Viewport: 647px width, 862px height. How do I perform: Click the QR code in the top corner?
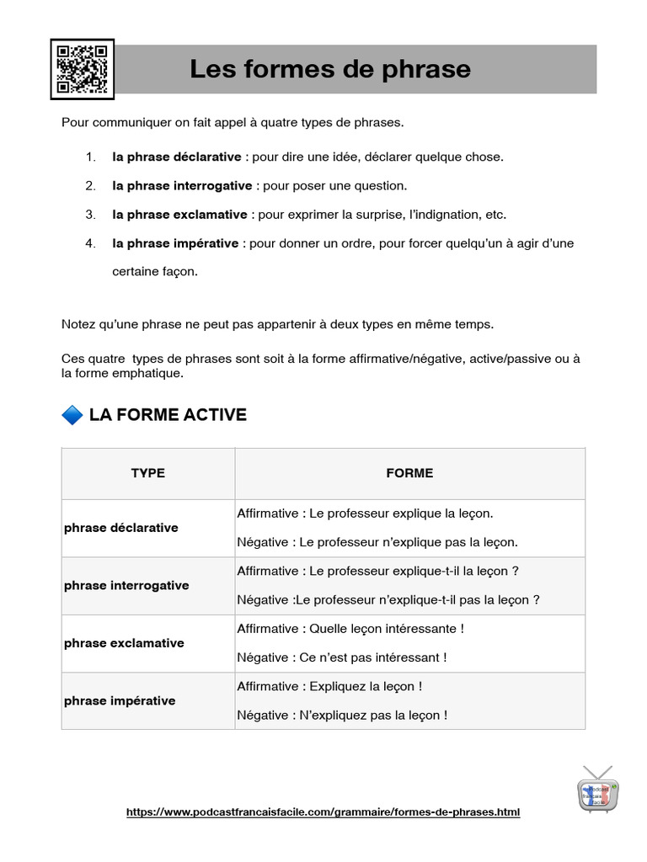[82, 69]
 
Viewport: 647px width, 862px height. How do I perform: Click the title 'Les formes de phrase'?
[330, 69]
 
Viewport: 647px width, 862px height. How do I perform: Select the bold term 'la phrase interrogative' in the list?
[182, 185]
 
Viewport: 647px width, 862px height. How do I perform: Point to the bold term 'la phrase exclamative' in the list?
[179, 215]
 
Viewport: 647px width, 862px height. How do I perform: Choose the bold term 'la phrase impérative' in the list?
[175, 243]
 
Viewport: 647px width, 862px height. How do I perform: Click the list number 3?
[90, 215]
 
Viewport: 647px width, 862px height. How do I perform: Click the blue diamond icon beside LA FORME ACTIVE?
[72, 415]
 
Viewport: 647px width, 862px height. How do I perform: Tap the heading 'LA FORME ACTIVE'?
[168, 415]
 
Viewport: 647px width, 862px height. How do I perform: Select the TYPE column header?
[148, 473]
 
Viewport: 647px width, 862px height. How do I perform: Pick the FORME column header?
[409, 473]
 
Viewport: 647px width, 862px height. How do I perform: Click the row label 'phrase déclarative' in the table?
[121, 528]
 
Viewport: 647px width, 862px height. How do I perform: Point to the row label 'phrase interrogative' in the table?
[126, 585]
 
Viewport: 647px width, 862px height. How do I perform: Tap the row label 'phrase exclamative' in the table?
[124, 643]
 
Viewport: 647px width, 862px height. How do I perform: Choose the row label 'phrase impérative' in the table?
[120, 700]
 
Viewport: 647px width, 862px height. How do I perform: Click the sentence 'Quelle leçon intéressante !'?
[387, 629]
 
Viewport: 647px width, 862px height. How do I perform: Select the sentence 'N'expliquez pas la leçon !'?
[373, 716]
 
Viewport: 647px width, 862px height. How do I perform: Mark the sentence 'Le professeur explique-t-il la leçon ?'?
[414, 571]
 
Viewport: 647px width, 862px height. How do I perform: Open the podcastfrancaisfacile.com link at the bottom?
[323, 812]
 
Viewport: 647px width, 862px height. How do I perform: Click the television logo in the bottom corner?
[598, 790]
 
